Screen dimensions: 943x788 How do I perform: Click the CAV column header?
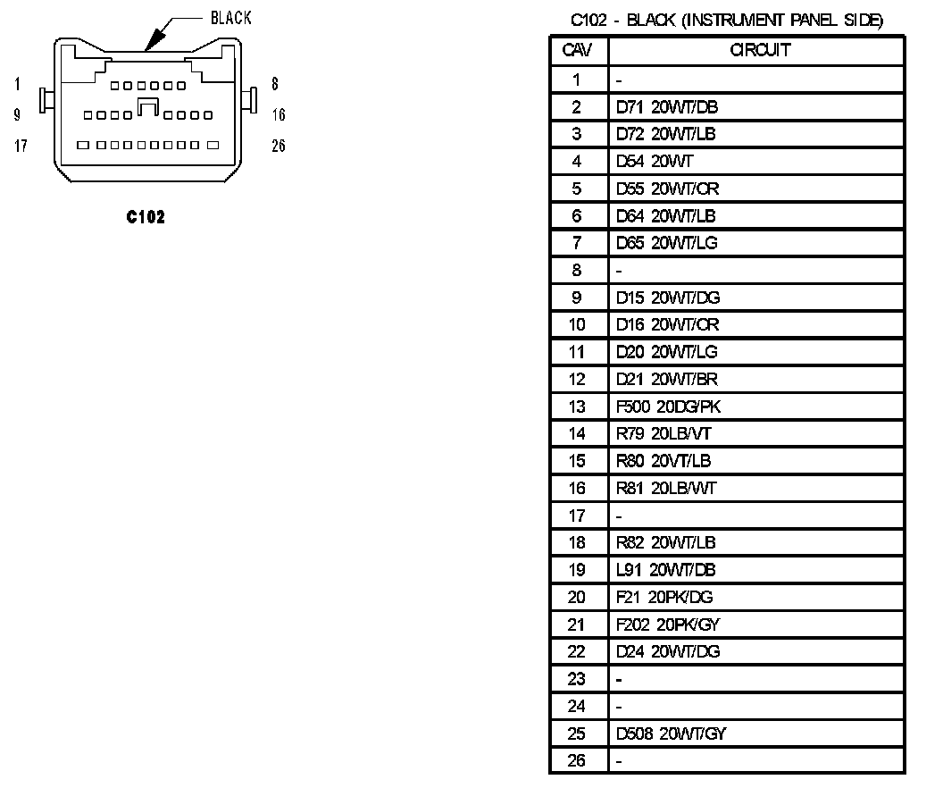point(577,50)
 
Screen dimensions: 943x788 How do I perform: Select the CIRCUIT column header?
point(759,50)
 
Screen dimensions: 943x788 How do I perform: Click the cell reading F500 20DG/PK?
point(669,407)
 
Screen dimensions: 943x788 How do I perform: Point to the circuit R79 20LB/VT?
point(663,434)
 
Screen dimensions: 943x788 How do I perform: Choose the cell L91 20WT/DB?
point(665,570)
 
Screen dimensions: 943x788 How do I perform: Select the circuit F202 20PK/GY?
point(667,625)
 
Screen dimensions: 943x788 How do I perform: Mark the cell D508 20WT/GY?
point(671,734)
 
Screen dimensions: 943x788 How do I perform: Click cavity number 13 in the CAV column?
point(577,407)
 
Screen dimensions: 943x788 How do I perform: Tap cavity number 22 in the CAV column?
point(577,651)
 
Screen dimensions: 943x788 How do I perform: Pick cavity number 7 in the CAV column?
point(577,243)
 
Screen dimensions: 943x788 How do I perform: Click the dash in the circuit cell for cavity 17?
point(620,516)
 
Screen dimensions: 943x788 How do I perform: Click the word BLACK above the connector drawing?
point(230,18)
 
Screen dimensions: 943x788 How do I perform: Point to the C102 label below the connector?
point(146,216)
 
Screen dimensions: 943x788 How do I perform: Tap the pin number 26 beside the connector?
point(279,146)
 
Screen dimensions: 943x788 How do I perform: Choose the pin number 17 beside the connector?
point(21,146)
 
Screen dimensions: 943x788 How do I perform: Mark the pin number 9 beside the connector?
point(17,114)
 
